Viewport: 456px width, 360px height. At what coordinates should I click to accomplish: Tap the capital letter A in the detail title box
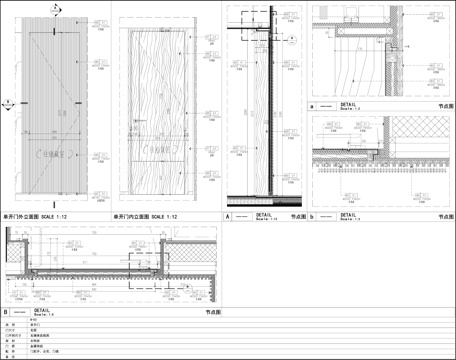pos(228,215)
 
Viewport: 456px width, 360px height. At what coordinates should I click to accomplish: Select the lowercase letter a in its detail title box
pos(313,104)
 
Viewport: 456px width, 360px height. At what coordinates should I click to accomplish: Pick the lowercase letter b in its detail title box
pos(313,215)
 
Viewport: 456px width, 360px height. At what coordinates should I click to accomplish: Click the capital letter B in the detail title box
pos(7,313)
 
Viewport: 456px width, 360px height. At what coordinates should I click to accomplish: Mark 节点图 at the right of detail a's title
pos(446,104)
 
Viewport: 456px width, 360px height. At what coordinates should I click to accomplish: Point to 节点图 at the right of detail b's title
pos(446,215)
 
